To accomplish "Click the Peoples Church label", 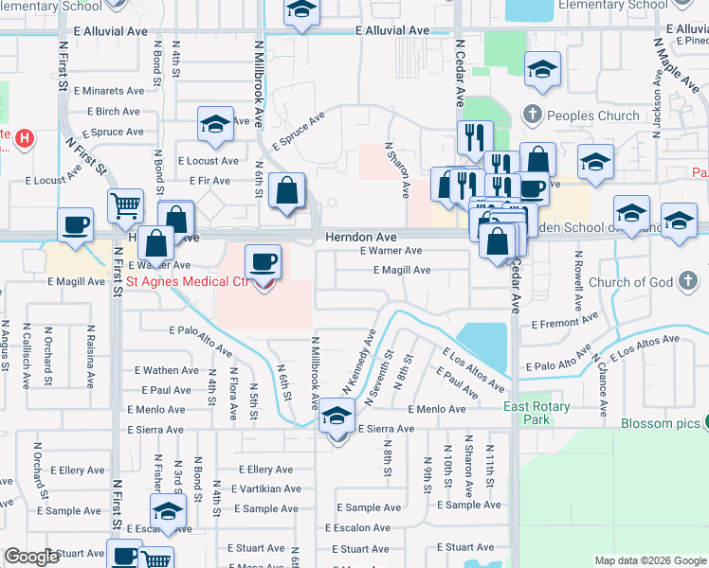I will click(592, 116).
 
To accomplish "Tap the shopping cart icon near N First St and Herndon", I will click(125, 204).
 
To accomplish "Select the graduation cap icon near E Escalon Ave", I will click(169, 511).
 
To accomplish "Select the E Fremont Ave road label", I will click(563, 324).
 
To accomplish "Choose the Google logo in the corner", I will click(32, 557).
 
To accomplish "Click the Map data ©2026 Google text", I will click(650, 560).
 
